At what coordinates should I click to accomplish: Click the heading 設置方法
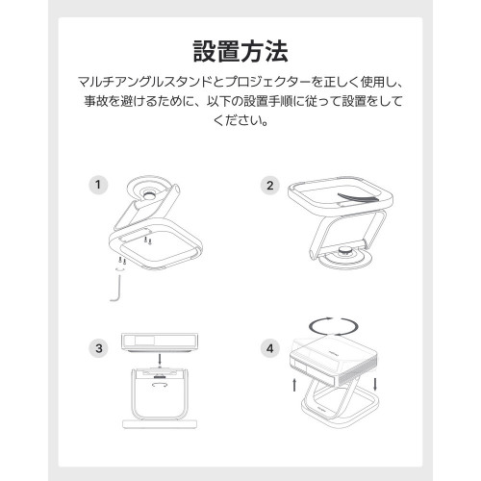click(x=240, y=51)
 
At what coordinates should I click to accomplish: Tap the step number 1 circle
click(x=98, y=185)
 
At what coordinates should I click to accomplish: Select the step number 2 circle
click(x=270, y=186)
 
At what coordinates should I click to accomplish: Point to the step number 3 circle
click(x=98, y=348)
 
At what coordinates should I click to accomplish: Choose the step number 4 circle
click(x=270, y=348)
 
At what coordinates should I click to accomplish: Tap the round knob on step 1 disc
click(x=149, y=194)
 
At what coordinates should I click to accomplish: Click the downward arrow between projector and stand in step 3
click(x=160, y=359)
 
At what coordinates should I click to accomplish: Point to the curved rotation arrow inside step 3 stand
click(x=160, y=384)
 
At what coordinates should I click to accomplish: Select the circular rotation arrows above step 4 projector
click(x=334, y=327)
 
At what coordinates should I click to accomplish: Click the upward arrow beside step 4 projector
click(x=294, y=385)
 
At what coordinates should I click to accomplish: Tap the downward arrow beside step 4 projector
click(x=375, y=385)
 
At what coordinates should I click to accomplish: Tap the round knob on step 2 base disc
click(x=345, y=250)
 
